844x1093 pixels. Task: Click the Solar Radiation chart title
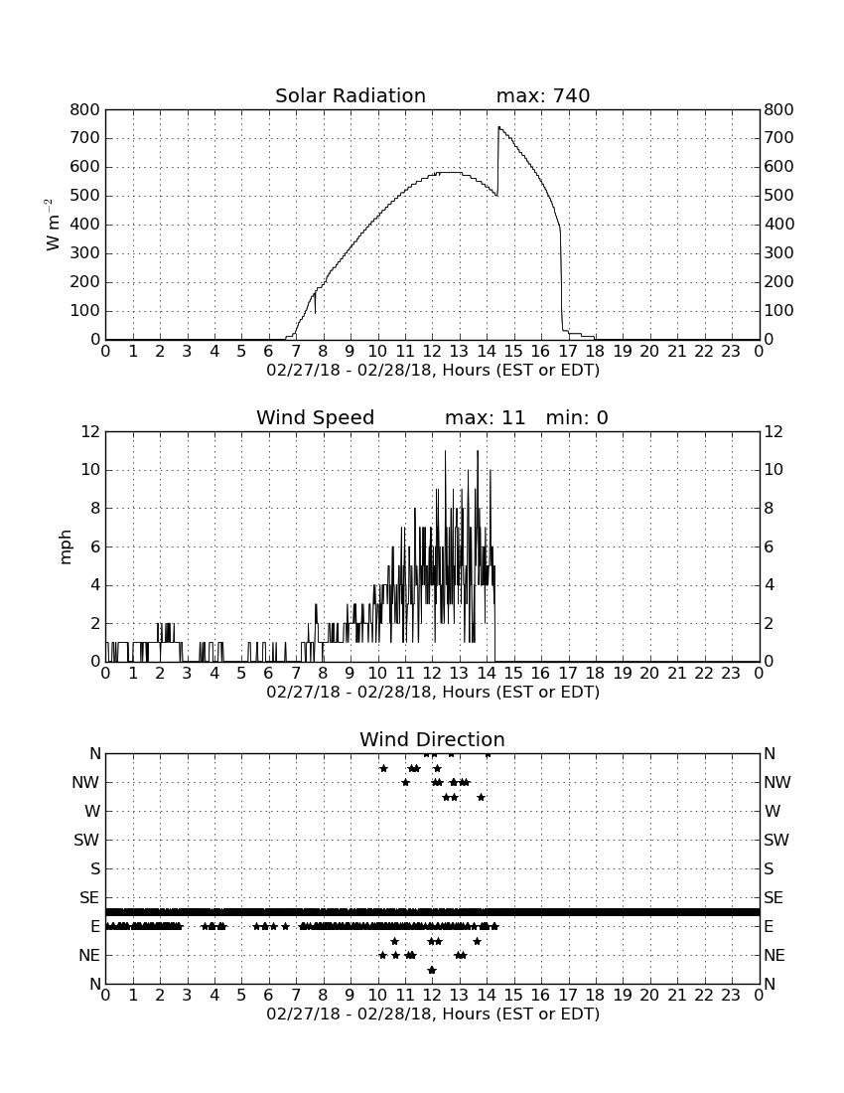point(351,95)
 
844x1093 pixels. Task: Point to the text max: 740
point(543,95)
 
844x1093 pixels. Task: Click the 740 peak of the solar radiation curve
point(498,127)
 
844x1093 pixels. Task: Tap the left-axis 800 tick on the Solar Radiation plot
point(85,109)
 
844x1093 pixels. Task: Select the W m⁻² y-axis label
point(52,225)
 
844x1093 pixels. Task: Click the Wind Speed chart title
point(316,417)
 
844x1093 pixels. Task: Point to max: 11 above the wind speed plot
point(486,417)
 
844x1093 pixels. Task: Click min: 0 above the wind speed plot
point(577,417)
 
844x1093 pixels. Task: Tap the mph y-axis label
point(66,547)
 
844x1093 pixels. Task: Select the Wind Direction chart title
point(432,739)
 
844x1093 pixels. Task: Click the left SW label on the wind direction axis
point(86,840)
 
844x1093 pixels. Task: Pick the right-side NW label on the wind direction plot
point(777,783)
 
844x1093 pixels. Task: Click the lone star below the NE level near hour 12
point(432,970)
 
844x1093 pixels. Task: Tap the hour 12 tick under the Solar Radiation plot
point(432,351)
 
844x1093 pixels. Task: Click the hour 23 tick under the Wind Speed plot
point(731,673)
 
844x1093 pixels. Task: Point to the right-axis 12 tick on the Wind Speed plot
point(773,432)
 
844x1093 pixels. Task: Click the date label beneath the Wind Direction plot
point(433,1014)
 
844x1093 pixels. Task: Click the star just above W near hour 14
point(481,797)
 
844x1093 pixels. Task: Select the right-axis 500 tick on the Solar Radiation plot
point(778,196)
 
